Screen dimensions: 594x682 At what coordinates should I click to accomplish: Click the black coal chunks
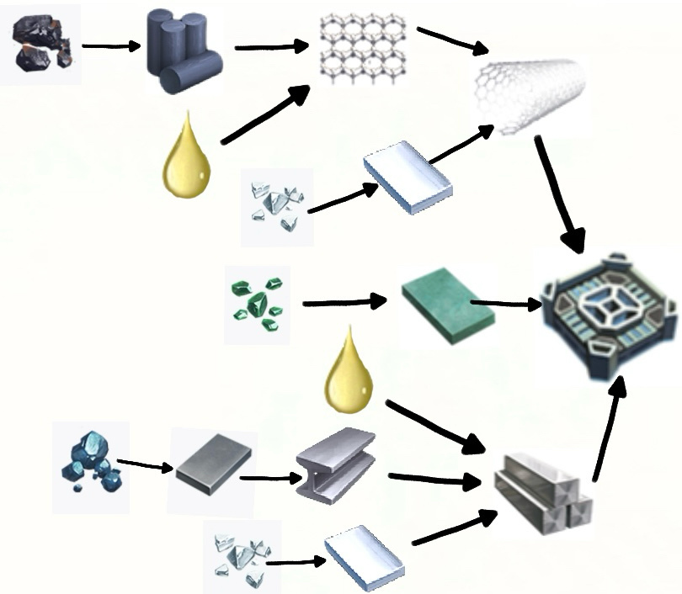point(39,45)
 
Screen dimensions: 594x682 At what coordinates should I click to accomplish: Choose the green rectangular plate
point(446,306)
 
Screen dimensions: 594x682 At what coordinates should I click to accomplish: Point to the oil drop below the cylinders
point(186,160)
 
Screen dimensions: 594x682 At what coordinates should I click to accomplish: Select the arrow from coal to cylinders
point(112,46)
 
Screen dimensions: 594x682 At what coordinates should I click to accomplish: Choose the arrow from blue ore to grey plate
point(145,464)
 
